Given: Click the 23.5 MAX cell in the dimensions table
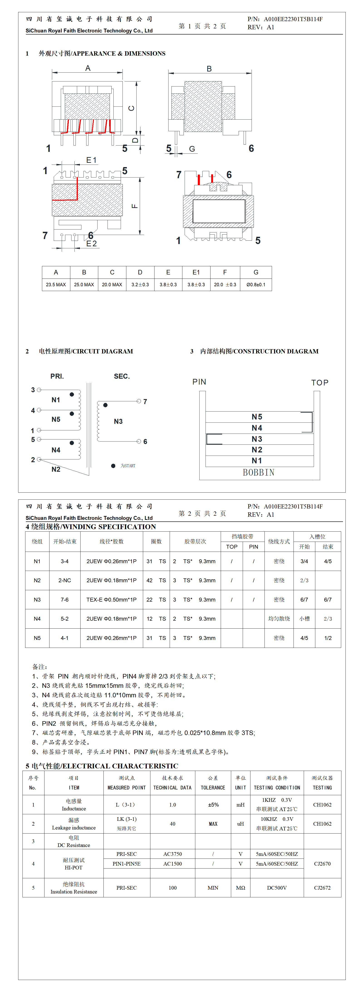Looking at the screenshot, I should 56,285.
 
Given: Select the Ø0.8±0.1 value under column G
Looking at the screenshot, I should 256,285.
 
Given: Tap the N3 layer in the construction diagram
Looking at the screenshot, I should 257,439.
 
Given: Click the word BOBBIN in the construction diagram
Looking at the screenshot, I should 258,473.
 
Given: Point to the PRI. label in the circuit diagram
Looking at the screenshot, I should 57,376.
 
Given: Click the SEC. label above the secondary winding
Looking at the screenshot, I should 122,376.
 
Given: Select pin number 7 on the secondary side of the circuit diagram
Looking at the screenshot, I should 145,402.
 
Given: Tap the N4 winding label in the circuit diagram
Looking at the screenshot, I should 56,450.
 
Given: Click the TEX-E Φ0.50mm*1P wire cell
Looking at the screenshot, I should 111,600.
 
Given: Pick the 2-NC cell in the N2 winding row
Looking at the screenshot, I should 65,580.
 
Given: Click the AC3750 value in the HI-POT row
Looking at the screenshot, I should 172,854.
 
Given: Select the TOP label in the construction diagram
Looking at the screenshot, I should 320,383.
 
